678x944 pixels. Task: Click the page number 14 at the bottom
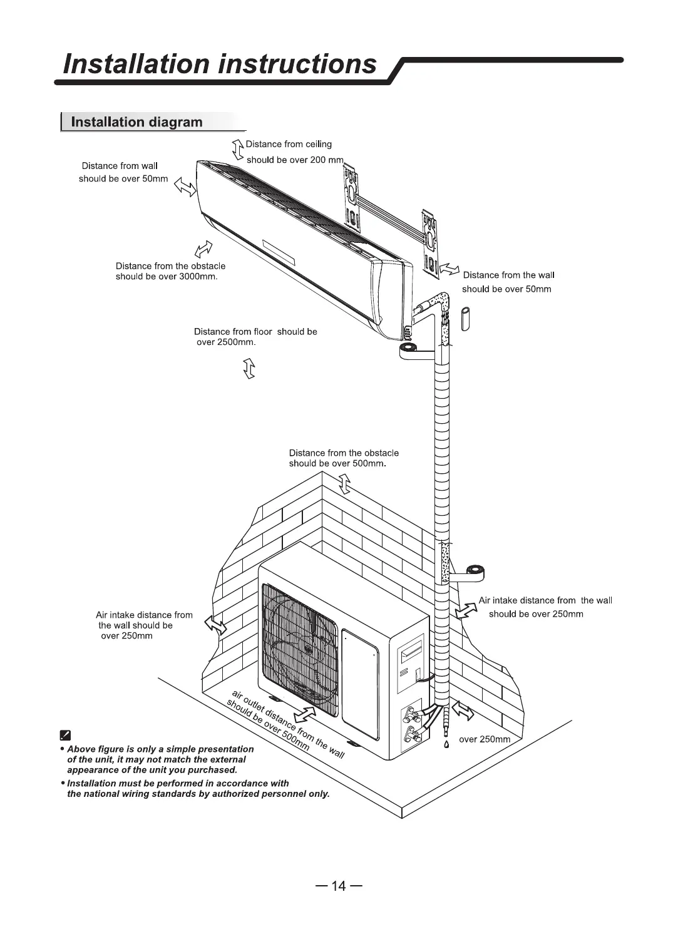(x=339, y=886)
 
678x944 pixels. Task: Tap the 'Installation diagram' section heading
(x=136, y=122)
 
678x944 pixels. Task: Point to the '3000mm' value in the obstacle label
(x=197, y=277)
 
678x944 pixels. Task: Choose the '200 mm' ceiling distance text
(x=326, y=160)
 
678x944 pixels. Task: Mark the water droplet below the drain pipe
(x=446, y=745)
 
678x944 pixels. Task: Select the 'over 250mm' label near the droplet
(x=485, y=739)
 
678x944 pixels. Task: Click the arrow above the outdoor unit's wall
(x=344, y=484)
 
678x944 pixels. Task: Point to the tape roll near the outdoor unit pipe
(x=478, y=572)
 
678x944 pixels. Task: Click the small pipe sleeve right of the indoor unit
(x=466, y=318)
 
